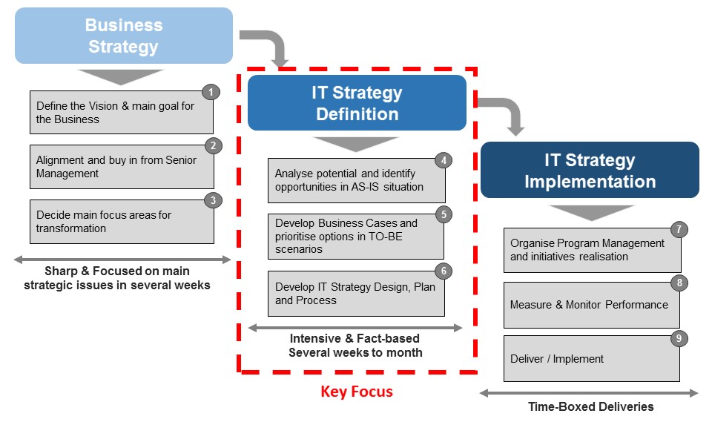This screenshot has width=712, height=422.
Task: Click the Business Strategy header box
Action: (x=123, y=36)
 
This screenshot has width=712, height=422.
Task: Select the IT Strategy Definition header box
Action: (x=357, y=103)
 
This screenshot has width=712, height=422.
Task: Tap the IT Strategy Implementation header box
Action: (x=590, y=170)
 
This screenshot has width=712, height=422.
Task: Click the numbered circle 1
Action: (x=211, y=92)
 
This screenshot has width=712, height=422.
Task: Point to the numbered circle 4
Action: (x=443, y=159)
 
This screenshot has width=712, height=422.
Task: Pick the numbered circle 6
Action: (x=443, y=271)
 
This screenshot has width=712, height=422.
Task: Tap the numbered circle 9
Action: (x=679, y=338)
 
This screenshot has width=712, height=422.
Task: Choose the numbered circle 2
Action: (x=212, y=145)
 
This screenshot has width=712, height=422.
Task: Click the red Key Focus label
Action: (x=357, y=392)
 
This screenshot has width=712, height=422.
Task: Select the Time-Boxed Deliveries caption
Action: (x=591, y=406)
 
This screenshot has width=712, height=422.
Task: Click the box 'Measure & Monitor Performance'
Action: (x=591, y=305)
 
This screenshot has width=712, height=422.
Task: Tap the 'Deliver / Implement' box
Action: (x=591, y=359)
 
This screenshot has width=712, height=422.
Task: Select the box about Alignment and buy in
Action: (x=122, y=167)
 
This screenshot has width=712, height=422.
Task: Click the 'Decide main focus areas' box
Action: (x=122, y=222)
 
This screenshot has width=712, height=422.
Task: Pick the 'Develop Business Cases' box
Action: (x=356, y=237)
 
